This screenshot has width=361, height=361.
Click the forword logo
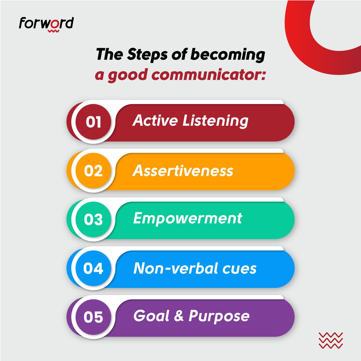click(x=46, y=24)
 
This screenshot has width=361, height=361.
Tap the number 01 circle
click(x=93, y=122)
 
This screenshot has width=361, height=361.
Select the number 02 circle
click(x=93, y=171)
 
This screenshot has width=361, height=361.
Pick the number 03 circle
click(x=93, y=220)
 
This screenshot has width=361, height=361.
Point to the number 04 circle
click(x=93, y=268)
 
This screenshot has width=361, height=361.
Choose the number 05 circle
click(x=93, y=317)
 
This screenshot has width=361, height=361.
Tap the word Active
click(x=156, y=120)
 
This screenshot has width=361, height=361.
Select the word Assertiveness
click(x=183, y=171)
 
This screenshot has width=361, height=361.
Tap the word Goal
click(x=151, y=316)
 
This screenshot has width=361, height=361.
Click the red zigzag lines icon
click(x=330, y=340)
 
